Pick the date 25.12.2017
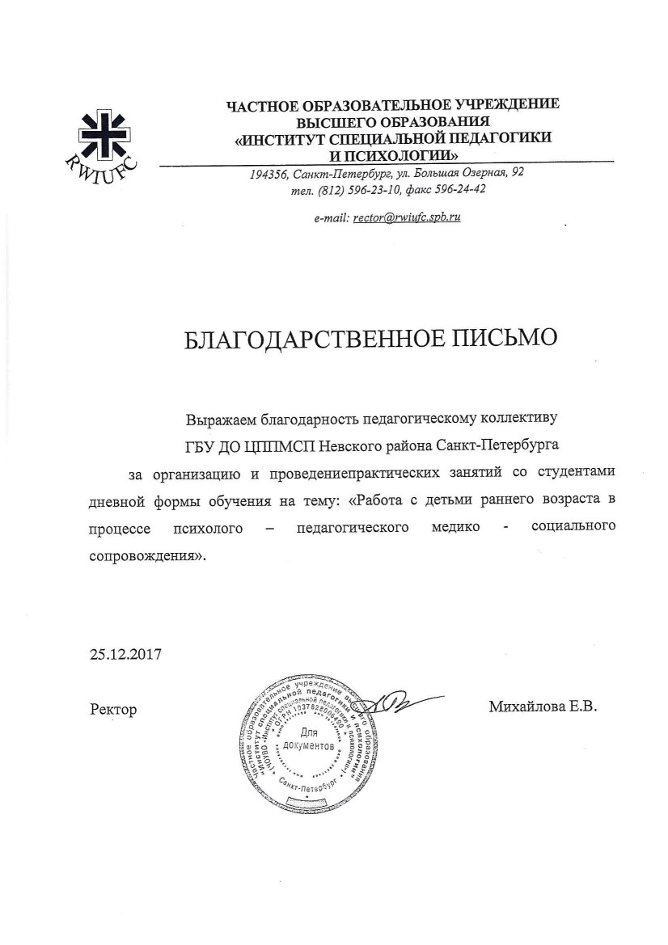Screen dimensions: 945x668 point(125,654)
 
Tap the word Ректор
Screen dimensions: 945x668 point(113,710)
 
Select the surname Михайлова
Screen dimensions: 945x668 point(523,707)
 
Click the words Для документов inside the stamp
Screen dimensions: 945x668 point(309,741)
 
